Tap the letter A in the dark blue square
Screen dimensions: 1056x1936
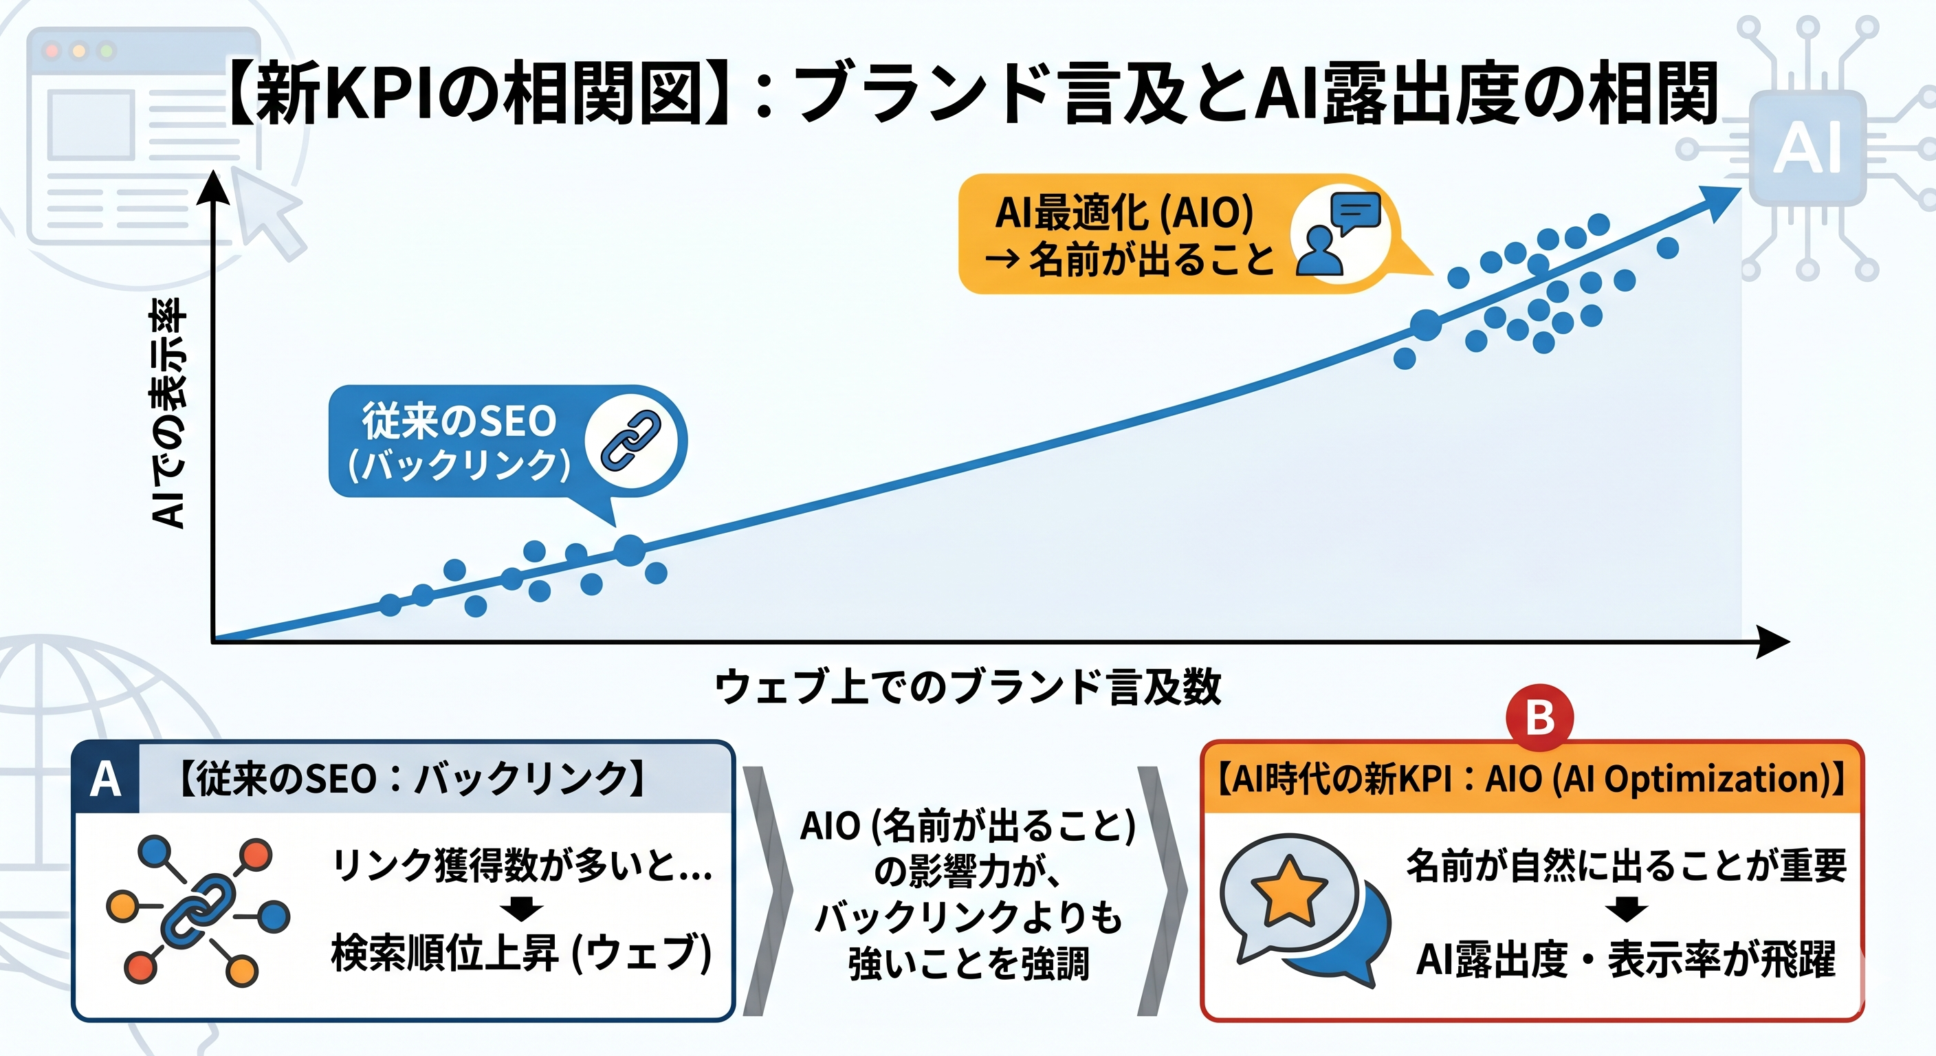[x=105, y=780]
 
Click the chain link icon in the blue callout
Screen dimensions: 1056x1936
[x=630, y=441]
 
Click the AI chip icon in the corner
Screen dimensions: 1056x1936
[x=1807, y=148]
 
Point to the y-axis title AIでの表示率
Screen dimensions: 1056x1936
[x=168, y=413]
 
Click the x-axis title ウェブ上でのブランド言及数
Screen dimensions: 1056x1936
[x=967, y=686]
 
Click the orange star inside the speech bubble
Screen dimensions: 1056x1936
[x=1288, y=892]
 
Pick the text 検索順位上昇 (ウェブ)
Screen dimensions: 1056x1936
[x=521, y=953]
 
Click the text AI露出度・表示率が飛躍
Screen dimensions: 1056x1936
[x=1625, y=959]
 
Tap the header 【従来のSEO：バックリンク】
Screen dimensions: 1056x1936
[x=412, y=779]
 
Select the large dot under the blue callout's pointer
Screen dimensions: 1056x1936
[x=630, y=550]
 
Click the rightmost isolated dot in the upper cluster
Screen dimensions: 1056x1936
[x=1668, y=247]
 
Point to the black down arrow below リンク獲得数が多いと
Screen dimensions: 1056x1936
[x=522, y=908]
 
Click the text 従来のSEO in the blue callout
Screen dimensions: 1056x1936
[x=459, y=421]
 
